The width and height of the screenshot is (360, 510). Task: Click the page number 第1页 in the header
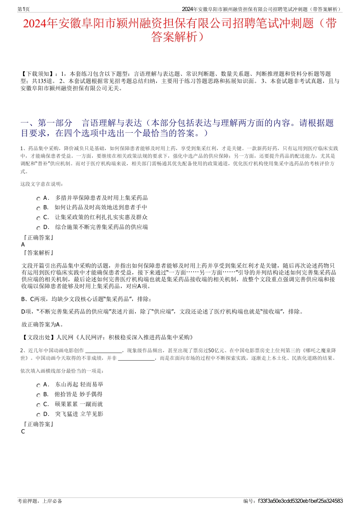coord(23,9)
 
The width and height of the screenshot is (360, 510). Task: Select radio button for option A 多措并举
coord(38,199)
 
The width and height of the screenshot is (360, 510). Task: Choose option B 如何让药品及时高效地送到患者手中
coord(100,207)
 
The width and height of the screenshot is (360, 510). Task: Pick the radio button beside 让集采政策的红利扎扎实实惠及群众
coord(38,218)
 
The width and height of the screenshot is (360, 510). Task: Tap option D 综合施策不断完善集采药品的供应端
coord(101,227)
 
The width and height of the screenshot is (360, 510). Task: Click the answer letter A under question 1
coord(23,245)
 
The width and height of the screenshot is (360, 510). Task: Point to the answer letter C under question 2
coord(23,432)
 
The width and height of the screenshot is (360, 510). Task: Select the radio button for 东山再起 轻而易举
coord(38,385)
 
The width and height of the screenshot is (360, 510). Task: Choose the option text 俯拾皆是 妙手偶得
coord(78,394)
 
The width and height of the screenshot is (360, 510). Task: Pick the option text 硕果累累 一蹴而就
coord(78,404)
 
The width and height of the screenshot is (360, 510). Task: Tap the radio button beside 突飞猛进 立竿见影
coord(38,415)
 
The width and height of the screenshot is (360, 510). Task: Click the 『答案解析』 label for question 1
coord(38,253)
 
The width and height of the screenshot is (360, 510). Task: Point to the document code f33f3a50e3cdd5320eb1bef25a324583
coord(300,501)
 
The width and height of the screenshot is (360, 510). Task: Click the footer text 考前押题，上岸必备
coord(40,501)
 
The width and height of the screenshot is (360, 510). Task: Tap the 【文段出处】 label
coord(38,337)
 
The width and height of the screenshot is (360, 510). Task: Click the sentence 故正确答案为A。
coord(42,325)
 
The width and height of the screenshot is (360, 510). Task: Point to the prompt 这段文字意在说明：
coord(42,184)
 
